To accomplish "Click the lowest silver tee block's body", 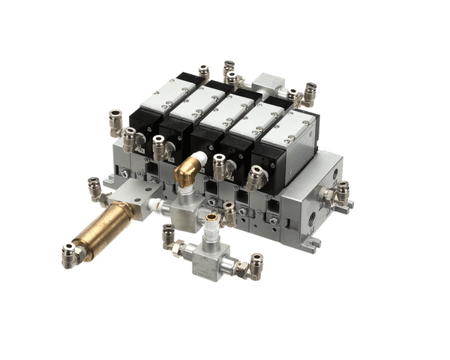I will pyautogui.click(x=209, y=259).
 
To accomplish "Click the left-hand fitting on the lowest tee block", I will pyautogui.click(x=171, y=241).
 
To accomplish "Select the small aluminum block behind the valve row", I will pyautogui.click(x=269, y=84).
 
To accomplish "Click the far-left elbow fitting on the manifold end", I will pyautogui.click(x=116, y=121).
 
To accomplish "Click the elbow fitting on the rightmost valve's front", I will pyautogui.click(x=254, y=177).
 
